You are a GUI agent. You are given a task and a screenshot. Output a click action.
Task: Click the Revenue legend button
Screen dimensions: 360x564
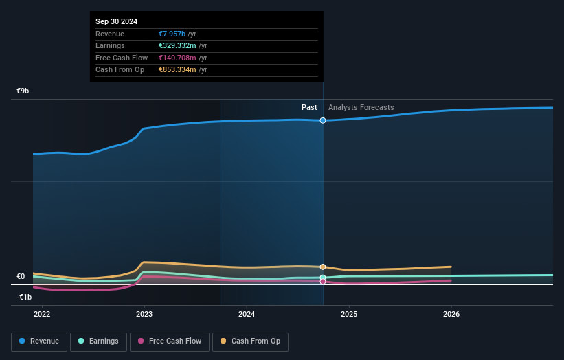tap(40, 341)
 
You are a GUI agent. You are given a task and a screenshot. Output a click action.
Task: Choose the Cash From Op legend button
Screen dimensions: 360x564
tap(251, 341)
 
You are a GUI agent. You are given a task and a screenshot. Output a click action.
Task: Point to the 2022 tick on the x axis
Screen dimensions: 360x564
tap(42, 315)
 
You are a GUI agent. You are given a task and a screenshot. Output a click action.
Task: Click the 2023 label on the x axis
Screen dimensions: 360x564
tap(144, 315)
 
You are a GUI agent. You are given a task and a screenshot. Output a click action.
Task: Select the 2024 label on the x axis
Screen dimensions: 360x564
tap(247, 315)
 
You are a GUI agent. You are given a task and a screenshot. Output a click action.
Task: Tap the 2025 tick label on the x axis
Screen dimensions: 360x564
tap(349, 315)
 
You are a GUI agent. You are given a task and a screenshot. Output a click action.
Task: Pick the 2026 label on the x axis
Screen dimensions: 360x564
tap(451, 315)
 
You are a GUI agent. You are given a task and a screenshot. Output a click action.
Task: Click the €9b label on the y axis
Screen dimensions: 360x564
tap(23, 91)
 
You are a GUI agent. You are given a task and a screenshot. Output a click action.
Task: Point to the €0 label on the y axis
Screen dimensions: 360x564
tap(21, 277)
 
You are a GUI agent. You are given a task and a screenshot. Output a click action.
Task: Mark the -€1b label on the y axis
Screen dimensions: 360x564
tap(25, 297)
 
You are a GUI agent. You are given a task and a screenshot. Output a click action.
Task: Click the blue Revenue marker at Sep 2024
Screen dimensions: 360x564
tap(323, 120)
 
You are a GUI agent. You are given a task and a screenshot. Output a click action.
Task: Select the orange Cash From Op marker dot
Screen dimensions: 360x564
tap(323, 267)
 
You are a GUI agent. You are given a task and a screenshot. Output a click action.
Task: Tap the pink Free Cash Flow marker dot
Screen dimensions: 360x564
tap(323, 281)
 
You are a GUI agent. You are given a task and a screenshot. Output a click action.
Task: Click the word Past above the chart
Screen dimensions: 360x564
tap(309, 107)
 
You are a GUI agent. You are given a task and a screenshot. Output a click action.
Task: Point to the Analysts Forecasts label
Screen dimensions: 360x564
tap(361, 107)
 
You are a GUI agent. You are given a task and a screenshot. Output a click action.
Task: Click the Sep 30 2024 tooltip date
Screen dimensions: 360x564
tap(117, 21)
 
